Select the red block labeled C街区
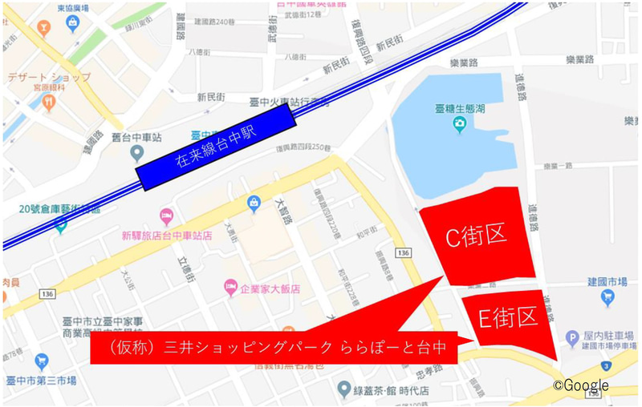tap(476, 236)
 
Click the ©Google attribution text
tap(580, 385)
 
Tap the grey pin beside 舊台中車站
tap(137, 152)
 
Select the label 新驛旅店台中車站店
tap(166, 236)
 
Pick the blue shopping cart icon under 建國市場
tap(607, 298)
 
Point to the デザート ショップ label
tap(49, 78)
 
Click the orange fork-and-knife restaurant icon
tap(49, 103)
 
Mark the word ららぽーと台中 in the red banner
tap(392, 349)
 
